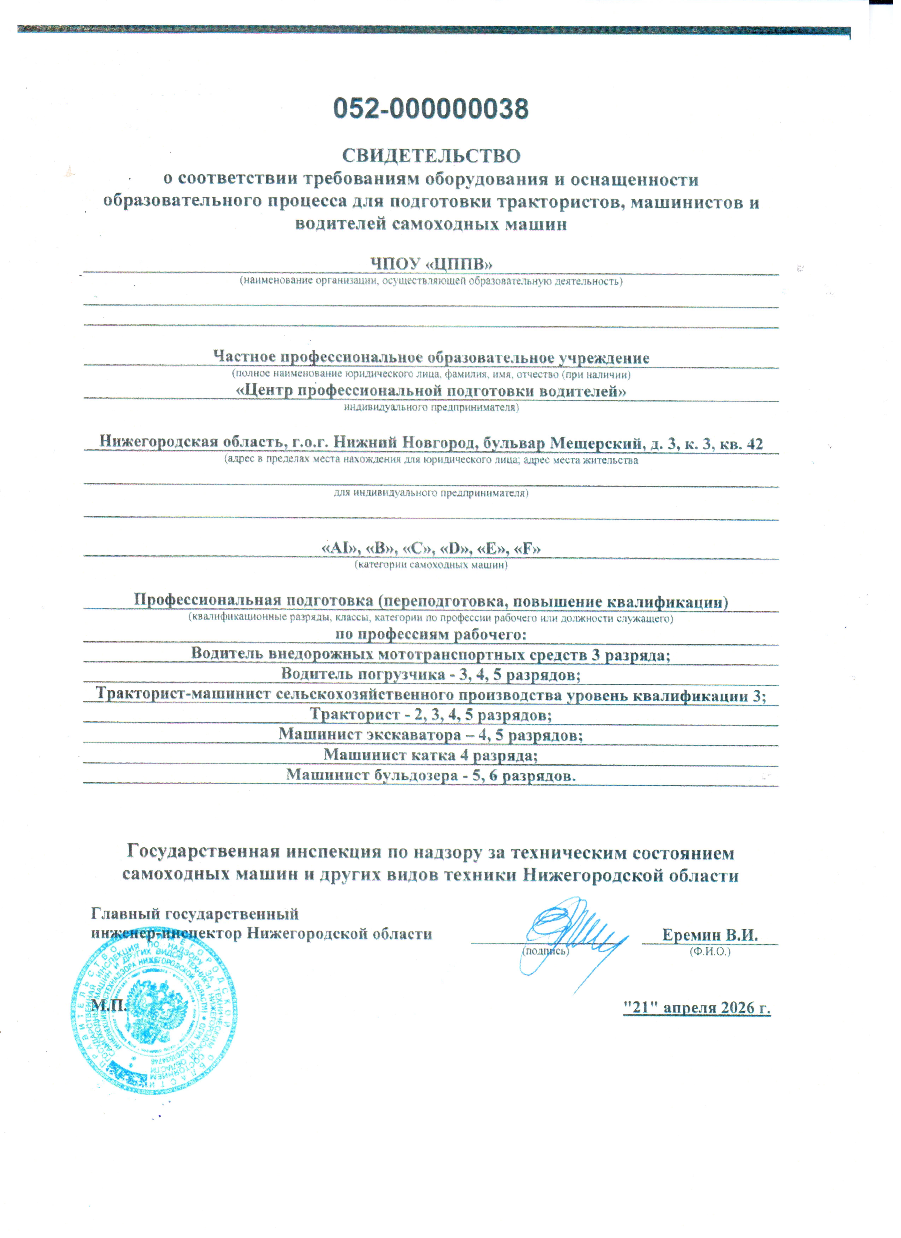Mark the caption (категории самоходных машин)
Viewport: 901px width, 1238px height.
(x=431, y=565)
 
